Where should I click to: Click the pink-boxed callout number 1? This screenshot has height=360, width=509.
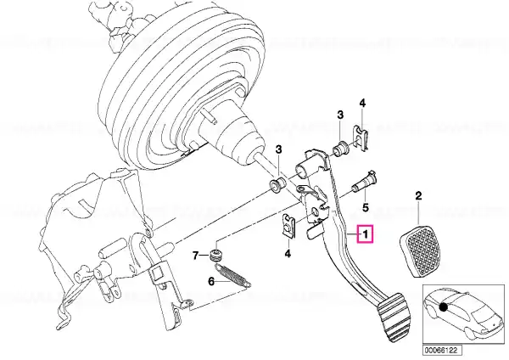[365, 234]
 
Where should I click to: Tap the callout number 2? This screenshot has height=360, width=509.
[418, 195]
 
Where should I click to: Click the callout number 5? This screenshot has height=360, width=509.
[366, 207]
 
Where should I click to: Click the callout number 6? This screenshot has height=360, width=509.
[211, 281]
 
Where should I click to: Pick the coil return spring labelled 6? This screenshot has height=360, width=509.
[233, 275]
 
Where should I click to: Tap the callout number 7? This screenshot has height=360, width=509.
[195, 256]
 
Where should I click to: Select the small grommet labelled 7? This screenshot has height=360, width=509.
[215, 255]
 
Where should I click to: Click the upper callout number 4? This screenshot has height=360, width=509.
[362, 104]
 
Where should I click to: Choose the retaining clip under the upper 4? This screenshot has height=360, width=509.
[361, 138]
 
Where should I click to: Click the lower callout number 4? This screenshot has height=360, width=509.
[288, 253]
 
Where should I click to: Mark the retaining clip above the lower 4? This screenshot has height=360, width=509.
[288, 226]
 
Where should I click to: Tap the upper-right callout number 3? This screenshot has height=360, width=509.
[340, 115]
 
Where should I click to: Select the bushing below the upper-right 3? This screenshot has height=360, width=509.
[341, 148]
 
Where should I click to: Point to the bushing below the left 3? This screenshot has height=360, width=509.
[278, 185]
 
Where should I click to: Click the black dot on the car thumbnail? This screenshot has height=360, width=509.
[443, 307]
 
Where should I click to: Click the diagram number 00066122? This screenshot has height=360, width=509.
[442, 351]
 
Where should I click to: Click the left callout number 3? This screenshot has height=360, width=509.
[278, 149]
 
